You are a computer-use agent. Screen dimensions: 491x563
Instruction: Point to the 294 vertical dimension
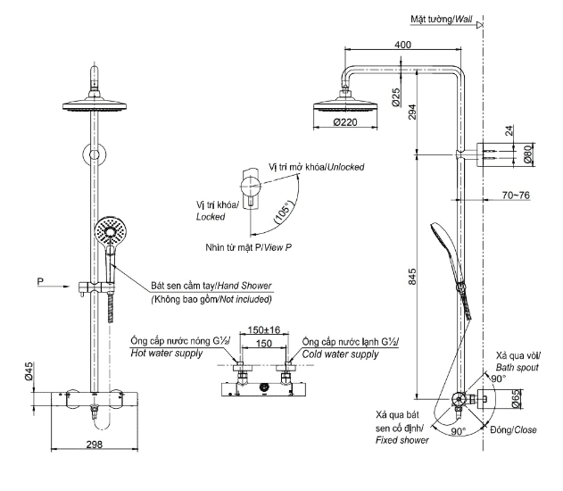click(410, 112)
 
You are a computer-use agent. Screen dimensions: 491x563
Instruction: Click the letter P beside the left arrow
click(39, 283)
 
